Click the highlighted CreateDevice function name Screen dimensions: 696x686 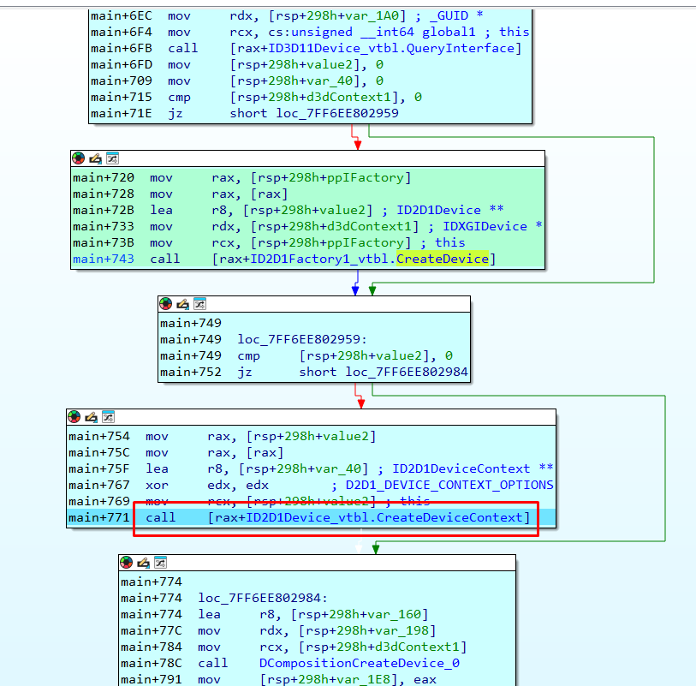click(x=442, y=259)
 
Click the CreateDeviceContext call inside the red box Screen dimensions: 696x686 click(x=368, y=518)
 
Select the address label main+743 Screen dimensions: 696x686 click(x=104, y=259)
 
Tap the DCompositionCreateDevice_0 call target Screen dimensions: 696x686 click(x=359, y=664)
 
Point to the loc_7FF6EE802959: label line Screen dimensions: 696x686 click(x=302, y=340)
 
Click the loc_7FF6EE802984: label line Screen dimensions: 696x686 click(x=263, y=599)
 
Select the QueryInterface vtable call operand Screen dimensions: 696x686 click(x=376, y=49)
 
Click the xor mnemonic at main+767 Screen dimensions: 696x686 click(x=158, y=486)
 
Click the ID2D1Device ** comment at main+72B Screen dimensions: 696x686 click(x=449, y=210)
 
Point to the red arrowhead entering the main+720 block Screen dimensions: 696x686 click(x=358, y=146)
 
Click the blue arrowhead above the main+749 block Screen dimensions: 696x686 click(x=355, y=290)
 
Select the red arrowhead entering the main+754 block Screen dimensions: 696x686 click(x=361, y=403)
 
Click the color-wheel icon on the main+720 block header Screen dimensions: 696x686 click(x=79, y=158)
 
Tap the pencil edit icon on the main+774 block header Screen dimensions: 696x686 click(x=143, y=563)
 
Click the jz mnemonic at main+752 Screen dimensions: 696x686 click(x=245, y=372)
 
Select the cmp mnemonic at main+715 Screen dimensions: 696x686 click(x=179, y=98)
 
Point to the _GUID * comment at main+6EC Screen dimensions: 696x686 click(x=455, y=16)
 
